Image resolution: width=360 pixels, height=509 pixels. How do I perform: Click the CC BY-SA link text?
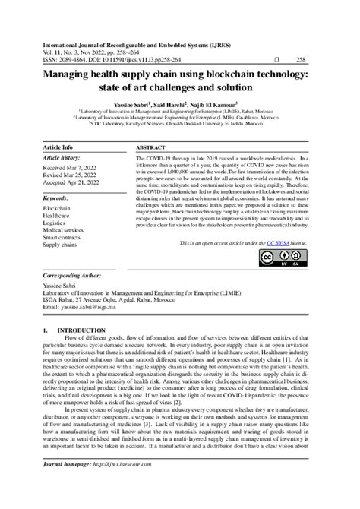click(x=280, y=243)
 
